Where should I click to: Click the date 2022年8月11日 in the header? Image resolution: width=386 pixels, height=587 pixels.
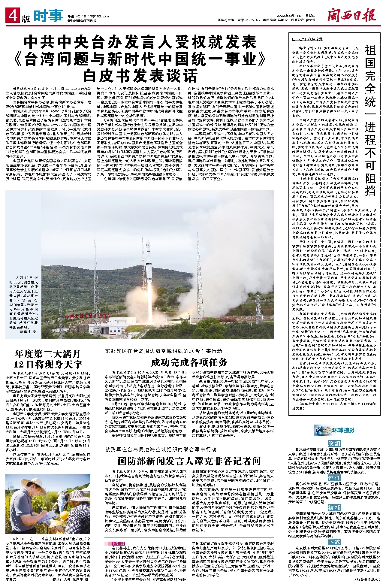point(285,16)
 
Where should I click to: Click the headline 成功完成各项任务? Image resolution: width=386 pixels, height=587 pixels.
point(189,362)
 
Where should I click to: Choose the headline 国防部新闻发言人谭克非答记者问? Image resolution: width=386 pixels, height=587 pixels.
point(189,461)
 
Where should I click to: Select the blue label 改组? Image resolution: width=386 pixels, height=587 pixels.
point(334,443)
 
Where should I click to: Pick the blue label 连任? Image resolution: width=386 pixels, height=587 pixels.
point(334,478)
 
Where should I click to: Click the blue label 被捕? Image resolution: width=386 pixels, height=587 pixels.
point(334,508)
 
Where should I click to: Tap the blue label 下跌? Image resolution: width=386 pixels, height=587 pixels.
point(334,542)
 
